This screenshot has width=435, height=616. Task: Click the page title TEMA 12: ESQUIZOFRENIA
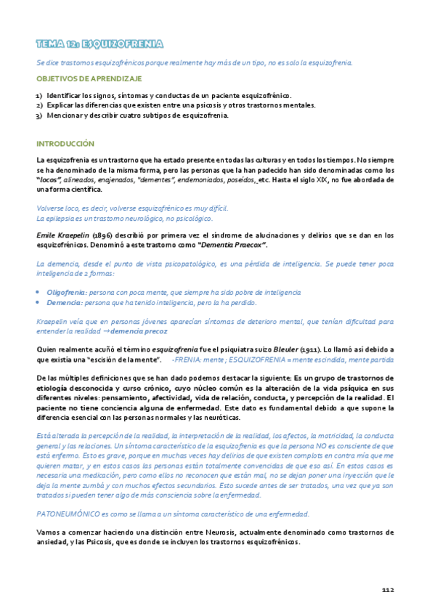pos(99,44)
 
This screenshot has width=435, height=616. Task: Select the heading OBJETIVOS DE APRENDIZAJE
pos(89,78)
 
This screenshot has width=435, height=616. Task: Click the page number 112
pos(387,589)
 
